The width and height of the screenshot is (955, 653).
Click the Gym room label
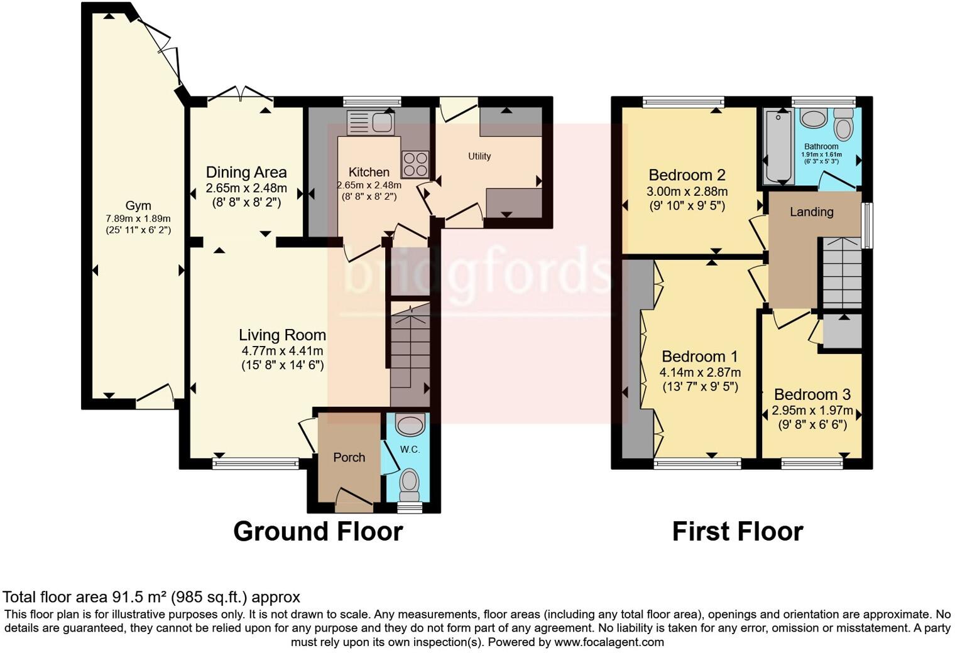point(138,205)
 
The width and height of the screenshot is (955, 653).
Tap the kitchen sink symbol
point(370,122)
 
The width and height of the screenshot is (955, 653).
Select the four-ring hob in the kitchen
point(415,164)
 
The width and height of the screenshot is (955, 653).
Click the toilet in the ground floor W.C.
point(410,482)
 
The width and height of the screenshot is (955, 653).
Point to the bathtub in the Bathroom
point(779,147)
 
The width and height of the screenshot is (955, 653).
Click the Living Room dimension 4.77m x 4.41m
point(282,350)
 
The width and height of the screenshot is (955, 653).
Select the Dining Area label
point(246,172)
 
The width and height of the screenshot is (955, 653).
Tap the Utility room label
point(479,156)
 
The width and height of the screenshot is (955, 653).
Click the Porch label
point(349,457)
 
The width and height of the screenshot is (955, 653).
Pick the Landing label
point(811,212)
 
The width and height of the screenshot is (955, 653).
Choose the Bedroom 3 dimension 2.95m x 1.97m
point(812,411)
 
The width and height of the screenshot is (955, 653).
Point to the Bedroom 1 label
point(699,357)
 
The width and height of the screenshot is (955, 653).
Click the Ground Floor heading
point(318,531)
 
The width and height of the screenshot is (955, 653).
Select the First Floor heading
point(738,531)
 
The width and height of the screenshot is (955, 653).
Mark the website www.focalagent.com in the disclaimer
point(609,642)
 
